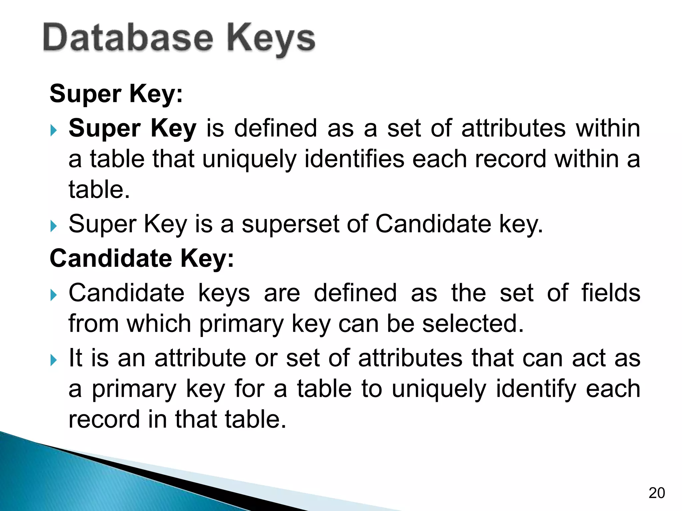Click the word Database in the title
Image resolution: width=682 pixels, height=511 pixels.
point(128,39)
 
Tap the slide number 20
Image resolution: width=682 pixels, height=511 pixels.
point(657,493)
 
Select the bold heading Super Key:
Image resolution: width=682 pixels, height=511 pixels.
point(116,94)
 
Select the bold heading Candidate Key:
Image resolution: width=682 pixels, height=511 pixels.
point(142,258)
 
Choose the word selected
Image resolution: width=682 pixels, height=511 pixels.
point(473,323)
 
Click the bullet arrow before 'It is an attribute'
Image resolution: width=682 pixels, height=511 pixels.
point(54,360)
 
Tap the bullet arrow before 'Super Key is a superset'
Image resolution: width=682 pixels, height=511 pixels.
point(54,226)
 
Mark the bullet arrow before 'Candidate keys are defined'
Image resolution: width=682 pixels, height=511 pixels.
point(54,295)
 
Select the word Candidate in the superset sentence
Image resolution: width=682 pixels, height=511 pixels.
point(433,224)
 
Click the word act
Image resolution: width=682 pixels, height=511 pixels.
point(589,358)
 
